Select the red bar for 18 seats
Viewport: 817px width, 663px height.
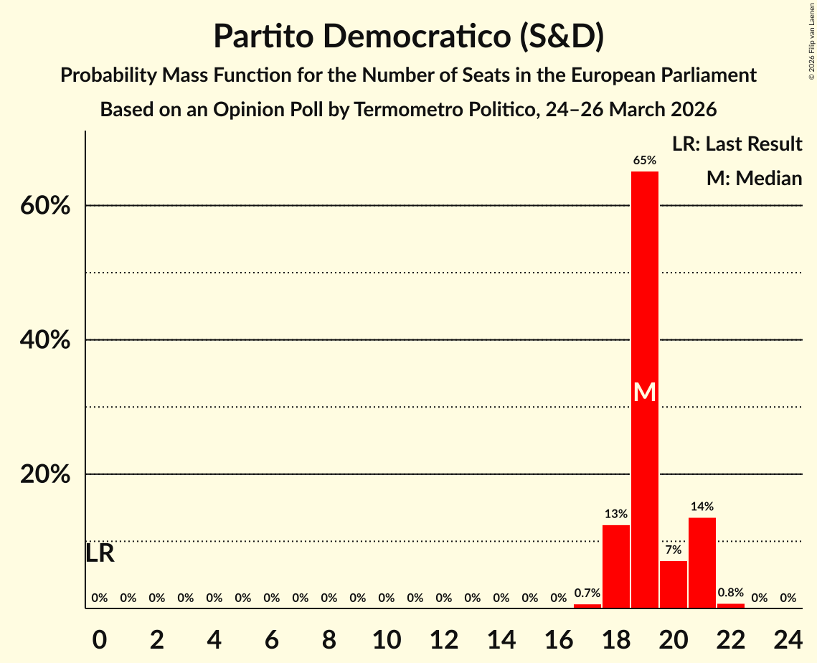616,567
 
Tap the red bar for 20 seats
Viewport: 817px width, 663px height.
674,585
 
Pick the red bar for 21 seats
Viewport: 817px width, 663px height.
702,563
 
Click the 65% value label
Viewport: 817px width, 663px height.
645,161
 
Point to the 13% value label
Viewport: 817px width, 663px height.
616,514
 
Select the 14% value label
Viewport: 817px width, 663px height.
702,507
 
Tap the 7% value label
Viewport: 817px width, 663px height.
674,550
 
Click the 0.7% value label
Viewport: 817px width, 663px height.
587,593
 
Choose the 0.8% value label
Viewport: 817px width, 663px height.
731,593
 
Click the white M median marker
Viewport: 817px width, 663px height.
645,392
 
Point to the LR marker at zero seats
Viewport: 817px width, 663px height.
100,553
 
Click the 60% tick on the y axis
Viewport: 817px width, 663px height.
45,206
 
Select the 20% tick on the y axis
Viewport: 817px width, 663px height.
45,475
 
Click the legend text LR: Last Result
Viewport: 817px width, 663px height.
737,144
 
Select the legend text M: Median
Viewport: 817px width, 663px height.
754,178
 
